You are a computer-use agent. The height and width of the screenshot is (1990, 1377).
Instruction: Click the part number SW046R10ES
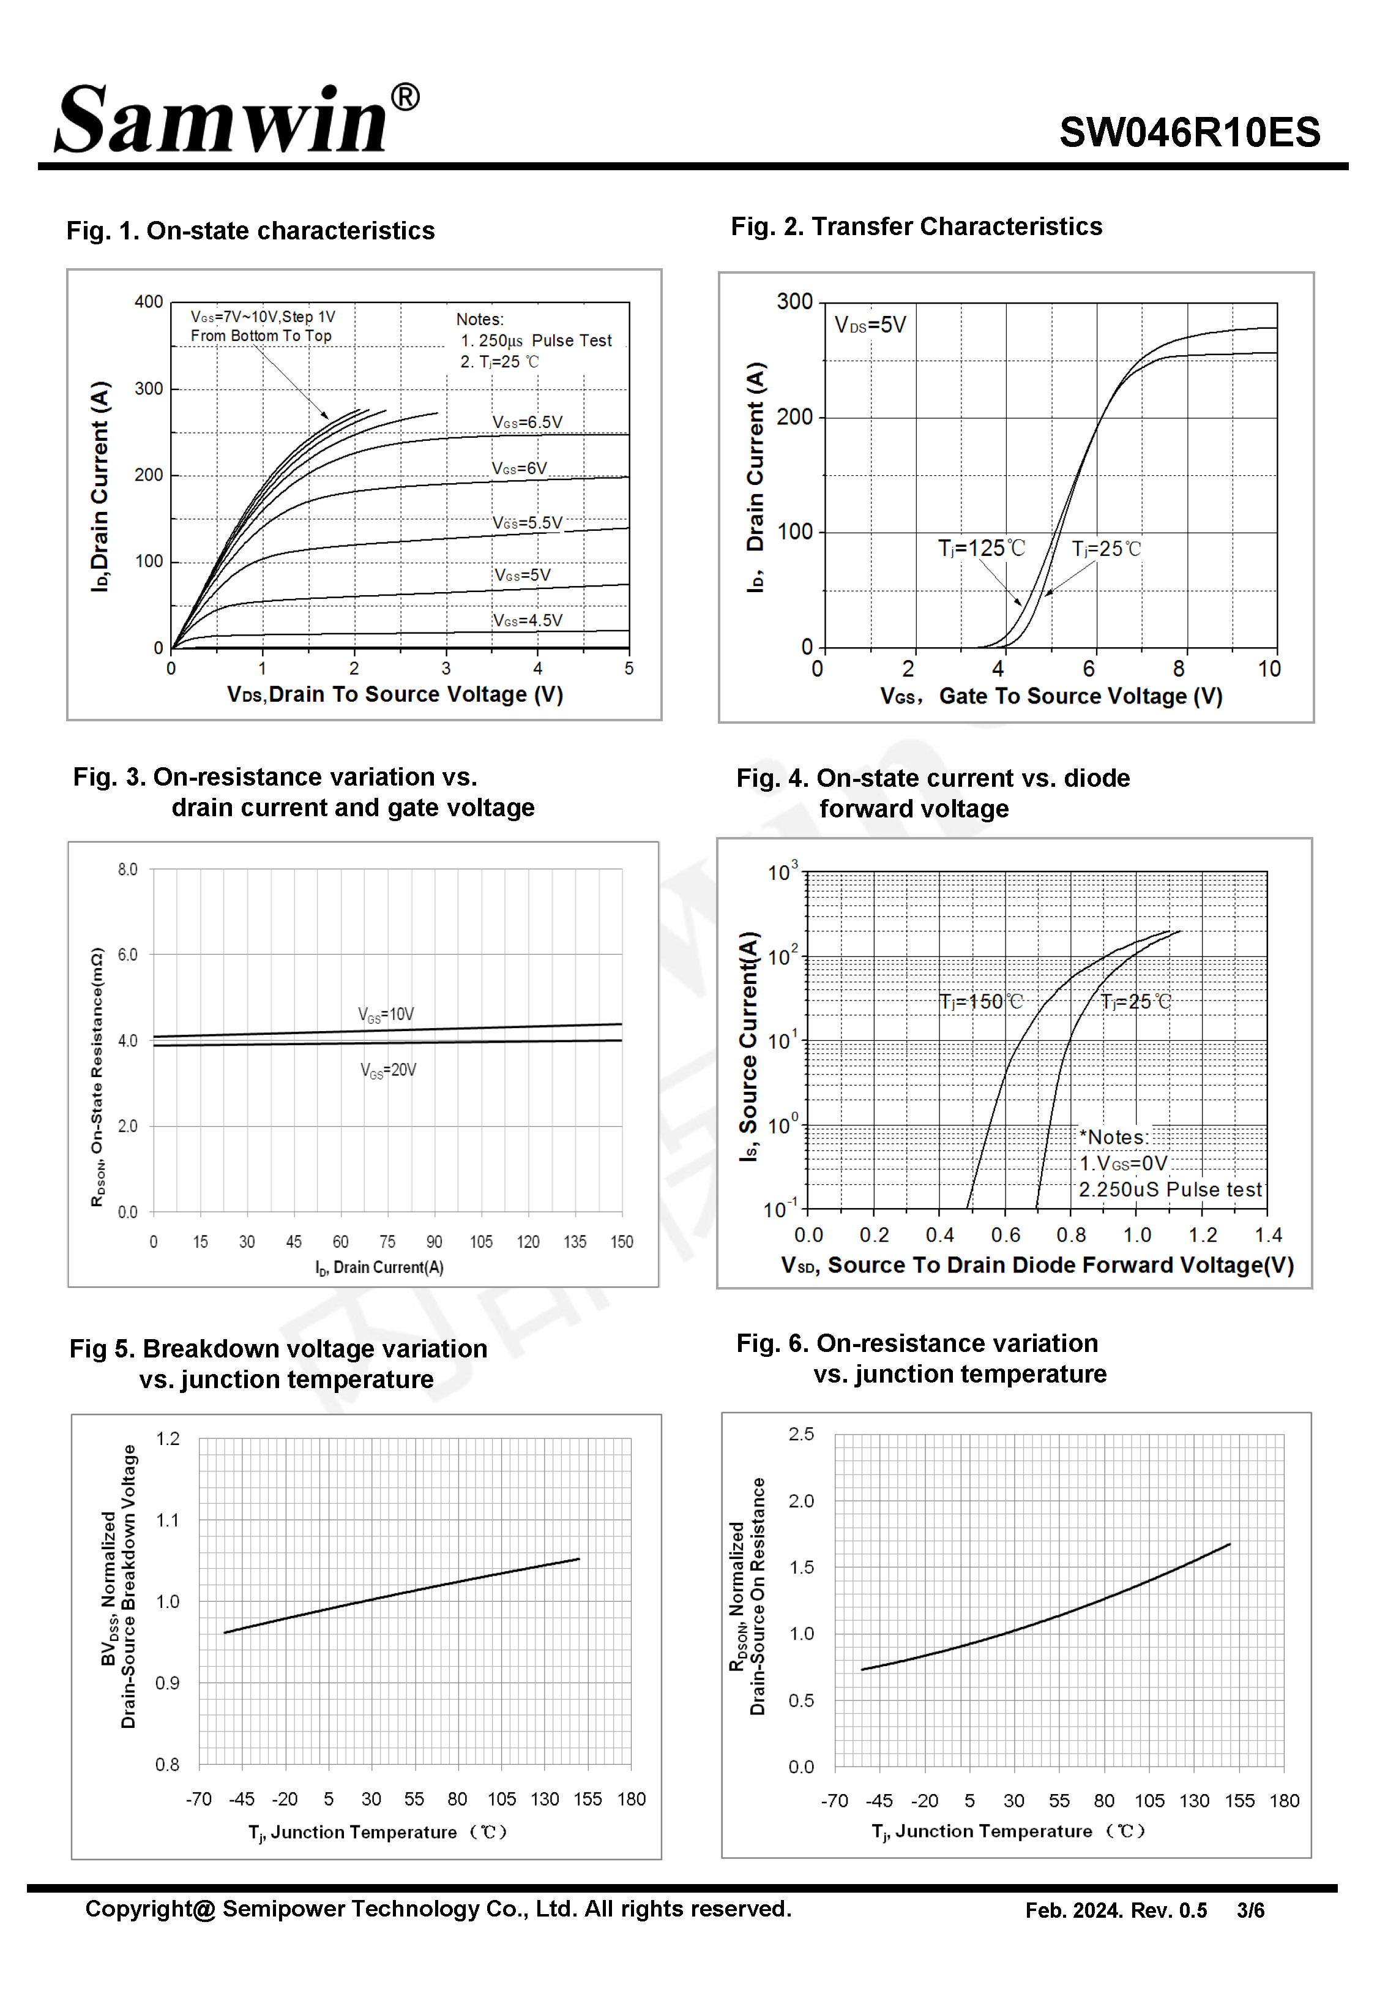[x=1189, y=133]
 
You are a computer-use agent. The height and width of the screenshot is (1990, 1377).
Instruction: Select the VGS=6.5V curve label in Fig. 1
[x=527, y=422]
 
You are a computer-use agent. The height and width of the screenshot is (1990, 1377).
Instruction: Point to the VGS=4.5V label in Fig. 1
[x=527, y=620]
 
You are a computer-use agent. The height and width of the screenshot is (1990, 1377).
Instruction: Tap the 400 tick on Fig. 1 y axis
[x=148, y=302]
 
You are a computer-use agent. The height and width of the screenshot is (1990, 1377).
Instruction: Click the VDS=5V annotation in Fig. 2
[x=870, y=325]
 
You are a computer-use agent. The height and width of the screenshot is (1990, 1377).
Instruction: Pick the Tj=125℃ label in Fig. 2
[x=981, y=548]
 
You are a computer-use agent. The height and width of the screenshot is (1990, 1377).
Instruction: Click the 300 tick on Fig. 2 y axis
[x=794, y=302]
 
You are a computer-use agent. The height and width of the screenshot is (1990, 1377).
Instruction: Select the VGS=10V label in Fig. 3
[x=386, y=1014]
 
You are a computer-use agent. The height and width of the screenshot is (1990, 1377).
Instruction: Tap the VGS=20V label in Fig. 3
[x=387, y=1070]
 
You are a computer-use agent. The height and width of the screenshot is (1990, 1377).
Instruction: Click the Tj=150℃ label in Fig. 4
[x=980, y=1002]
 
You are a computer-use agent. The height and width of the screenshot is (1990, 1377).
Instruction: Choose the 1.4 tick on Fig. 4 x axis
[x=1267, y=1236]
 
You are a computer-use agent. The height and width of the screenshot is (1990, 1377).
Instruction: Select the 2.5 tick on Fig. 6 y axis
[x=800, y=1434]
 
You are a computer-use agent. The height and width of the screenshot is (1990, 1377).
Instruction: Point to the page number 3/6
[x=1250, y=1910]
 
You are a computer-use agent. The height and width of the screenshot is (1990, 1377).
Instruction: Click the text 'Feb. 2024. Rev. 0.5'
[x=1116, y=1910]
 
